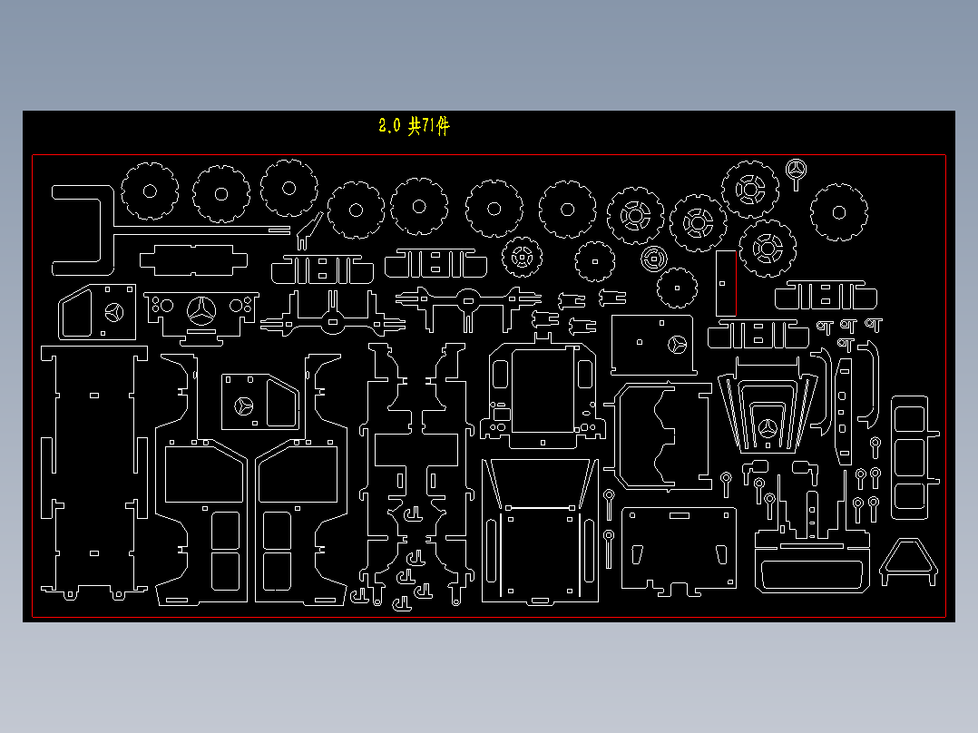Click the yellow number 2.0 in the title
(x=388, y=127)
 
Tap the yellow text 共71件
(x=428, y=127)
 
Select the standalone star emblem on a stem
(x=797, y=171)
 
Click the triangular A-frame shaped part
(x=908, y=560)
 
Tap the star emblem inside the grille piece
(x=768, y=431)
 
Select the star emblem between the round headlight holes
(x=200, y=310)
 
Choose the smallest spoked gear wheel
(x=522, y=257)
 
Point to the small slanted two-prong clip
(x=309, y=231)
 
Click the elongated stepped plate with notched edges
(x=193, y=260)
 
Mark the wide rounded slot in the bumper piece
(x=810, y=576)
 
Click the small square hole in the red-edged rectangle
(x=722, y=282)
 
